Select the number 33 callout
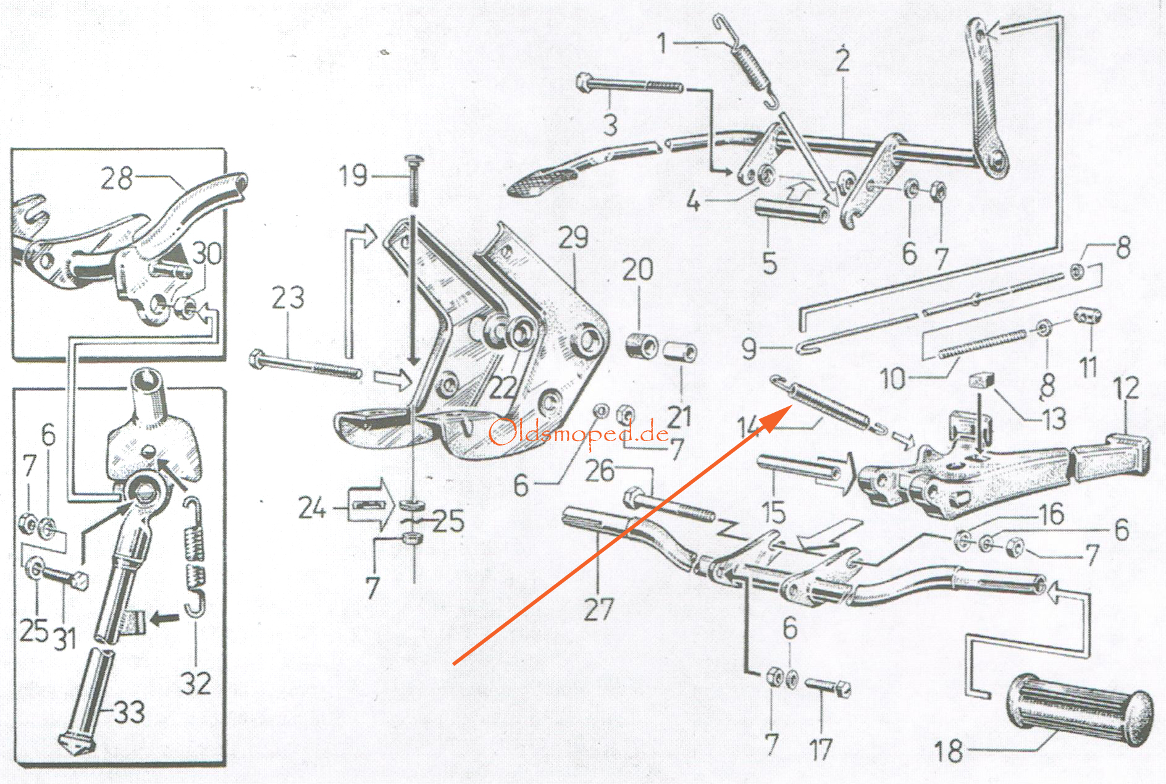click(x=129, y=712)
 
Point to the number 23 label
click(x=288, y=298)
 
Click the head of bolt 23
click(x=258, y=359)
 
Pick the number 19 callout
click(x=353, y=175)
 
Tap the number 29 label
click(x=573, y=237)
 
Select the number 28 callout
click(x=117, y=179)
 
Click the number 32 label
click(x=196, y=683)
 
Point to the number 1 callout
click(x=662, y=43)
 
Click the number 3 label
click(x=610, y=125)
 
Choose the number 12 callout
click(x=1126, y=389)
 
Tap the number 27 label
click(x=598, y=609)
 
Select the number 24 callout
click(x=312, y=508)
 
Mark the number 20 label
click(x=637, y=269)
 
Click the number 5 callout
click(x=770, y=263)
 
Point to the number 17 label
click(x=821, y=750)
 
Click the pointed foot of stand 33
click(x=76, y=744)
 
